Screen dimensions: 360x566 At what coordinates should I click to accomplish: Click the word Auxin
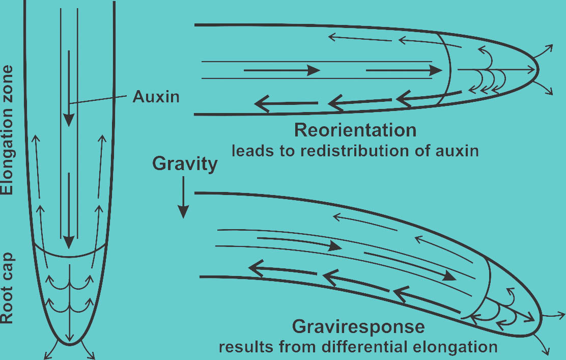tap(156, 97)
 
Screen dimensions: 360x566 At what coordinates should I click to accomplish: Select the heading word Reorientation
tap(355, 131)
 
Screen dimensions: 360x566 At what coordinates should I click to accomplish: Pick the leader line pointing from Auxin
tap(99, 100)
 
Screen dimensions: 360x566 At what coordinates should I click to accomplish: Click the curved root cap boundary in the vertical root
tap(71, 256)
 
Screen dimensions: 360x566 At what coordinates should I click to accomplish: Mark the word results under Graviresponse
tap(241, 348)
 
